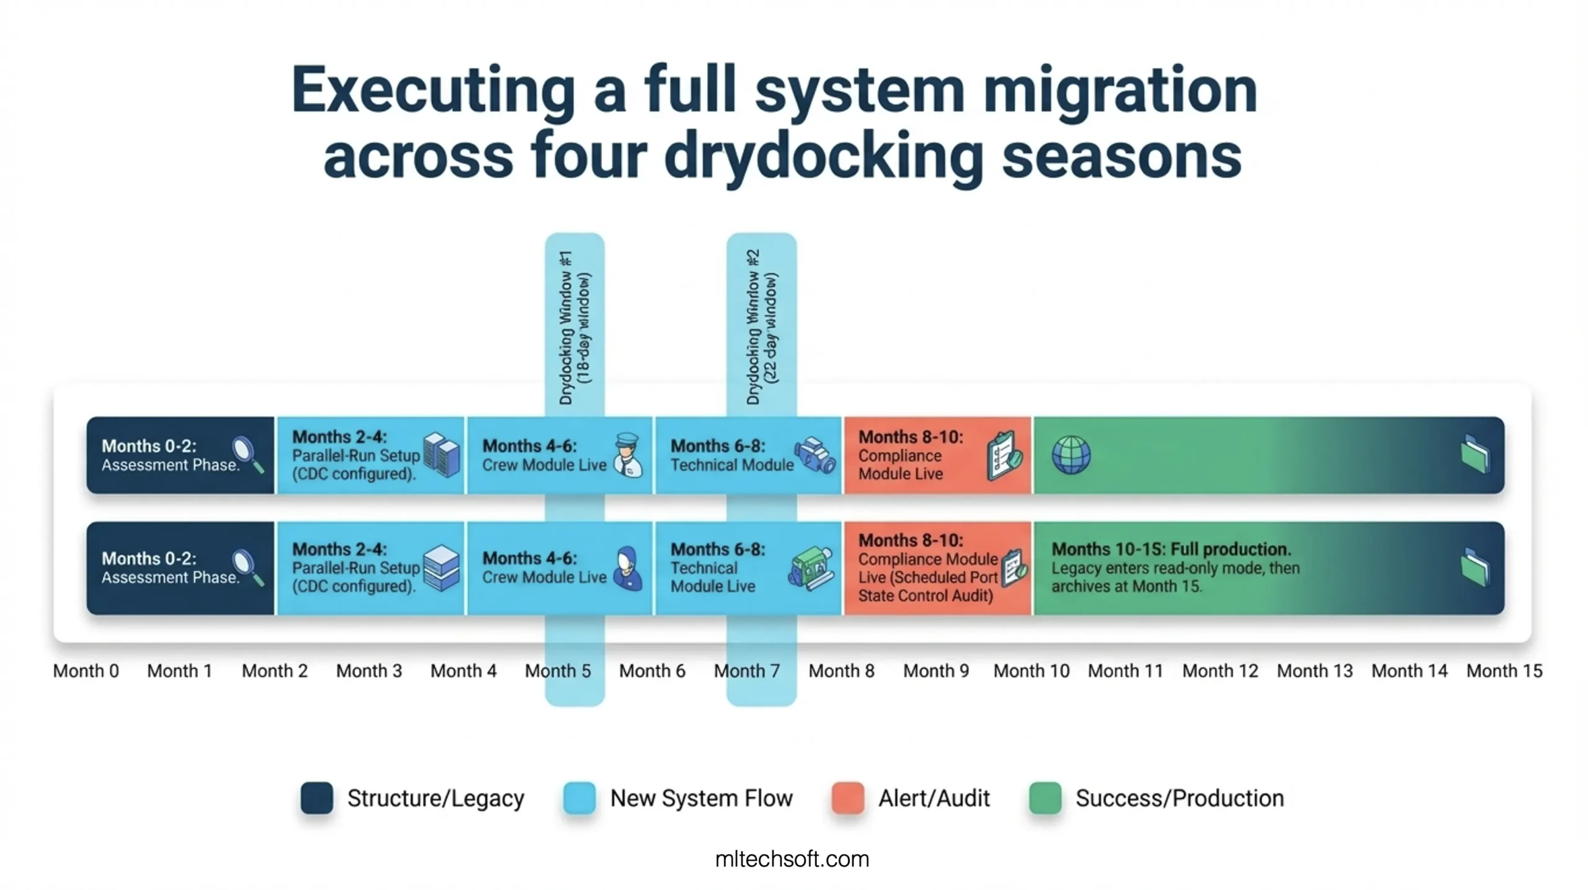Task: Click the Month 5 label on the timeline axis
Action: [x=558, y=670]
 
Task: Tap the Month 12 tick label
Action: [x=1220, y=670]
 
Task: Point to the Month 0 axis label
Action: [x=86, y=670]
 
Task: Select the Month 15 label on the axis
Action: [x=1504, y=670]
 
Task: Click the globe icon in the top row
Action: [x=1071, y=455]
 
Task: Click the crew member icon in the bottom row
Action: [x=628, y=567]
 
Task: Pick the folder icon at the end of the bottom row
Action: [x=1475, y=566]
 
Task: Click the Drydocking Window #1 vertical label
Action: [x=575, y=327]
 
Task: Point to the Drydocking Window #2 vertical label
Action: [x=762, y=327]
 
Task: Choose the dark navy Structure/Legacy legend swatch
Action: [x=317, y=798]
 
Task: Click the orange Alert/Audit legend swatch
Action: [x=848, y=798]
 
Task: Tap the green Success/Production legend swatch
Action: [x=1045, y=798]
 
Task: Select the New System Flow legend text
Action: [x=702, y=798]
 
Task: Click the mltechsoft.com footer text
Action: [x=792, y=859]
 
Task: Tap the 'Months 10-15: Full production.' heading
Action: [x=1171, y=549]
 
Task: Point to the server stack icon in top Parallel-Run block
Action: [x=441, y=455]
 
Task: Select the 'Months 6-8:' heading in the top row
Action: [x=718, y=446]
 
